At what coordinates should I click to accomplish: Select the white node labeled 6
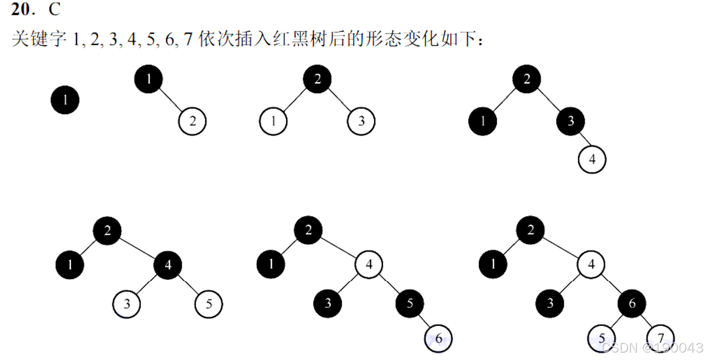438,339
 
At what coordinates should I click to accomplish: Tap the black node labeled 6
632,304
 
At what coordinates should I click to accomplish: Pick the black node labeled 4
168,265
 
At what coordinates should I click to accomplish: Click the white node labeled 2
192,121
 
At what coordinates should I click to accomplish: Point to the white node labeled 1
273,121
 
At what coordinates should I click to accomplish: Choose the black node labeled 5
410,304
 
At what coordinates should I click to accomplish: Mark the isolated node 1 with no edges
65,100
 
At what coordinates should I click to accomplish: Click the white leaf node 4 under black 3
592,159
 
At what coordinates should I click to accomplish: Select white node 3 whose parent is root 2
361,121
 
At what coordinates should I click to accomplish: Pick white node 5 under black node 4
209,304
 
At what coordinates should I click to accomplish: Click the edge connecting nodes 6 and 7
646,321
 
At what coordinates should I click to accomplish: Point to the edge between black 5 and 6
424,321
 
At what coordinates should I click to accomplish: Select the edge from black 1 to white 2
170,100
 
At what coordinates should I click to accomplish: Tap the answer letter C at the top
54,10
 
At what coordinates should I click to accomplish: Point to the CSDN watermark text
652,347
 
